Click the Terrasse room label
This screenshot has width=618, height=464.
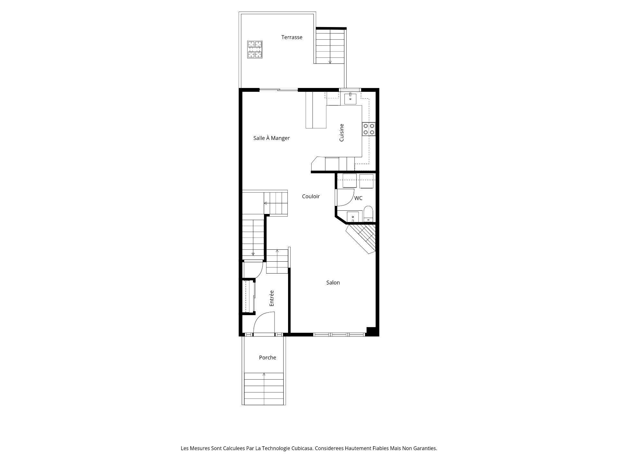coord(292,37)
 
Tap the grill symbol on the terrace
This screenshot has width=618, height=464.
coord(255,49)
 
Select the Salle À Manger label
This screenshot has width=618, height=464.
coord(271,138)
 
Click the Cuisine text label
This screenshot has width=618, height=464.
coord(342,132)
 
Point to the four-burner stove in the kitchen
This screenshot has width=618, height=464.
coord(369,129)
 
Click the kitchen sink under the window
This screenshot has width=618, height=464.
coord(350,99)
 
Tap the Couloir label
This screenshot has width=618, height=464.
coord(311,196)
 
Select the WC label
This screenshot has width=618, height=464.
coord(358,198)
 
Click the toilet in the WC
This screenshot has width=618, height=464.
coord(368,214)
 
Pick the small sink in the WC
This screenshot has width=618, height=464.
coord(353,217)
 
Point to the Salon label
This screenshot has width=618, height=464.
coord(333,283)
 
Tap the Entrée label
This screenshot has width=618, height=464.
coord(272,298)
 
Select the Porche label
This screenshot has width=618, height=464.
coord(267,357)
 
